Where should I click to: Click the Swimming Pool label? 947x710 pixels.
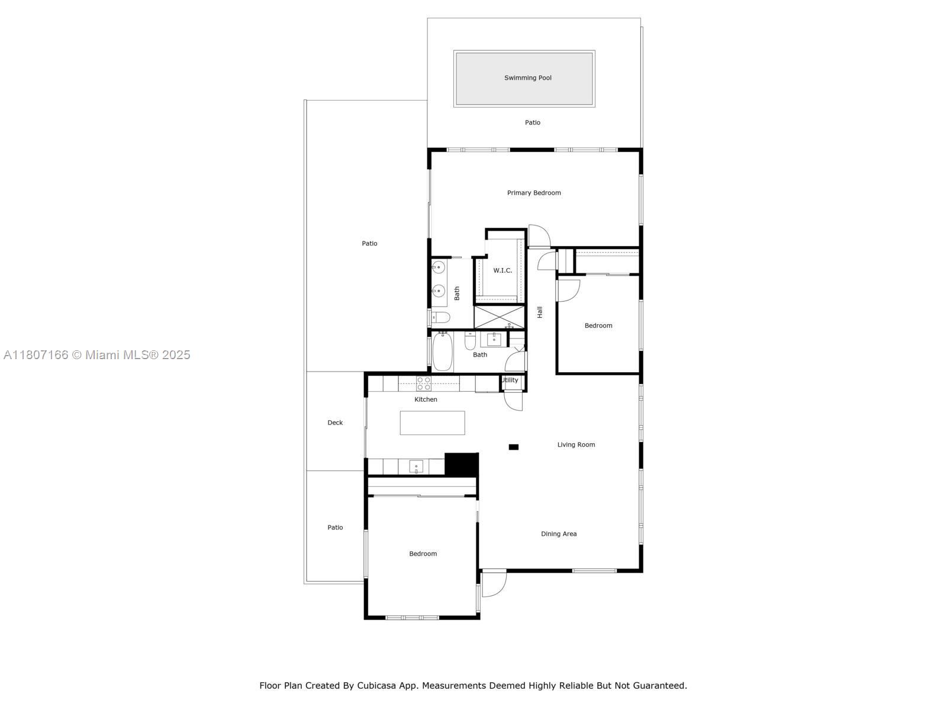[x=527, y=78]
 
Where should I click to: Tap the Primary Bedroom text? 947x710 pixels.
[x=534, y=193]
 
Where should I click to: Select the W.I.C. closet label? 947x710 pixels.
[x=503, y=270]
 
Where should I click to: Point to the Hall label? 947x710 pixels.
[x=540, y=312]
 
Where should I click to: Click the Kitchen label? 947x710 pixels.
[x=426, y=399]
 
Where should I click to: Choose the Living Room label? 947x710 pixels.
[x=576, y=444]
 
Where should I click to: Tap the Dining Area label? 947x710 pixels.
[x=559, y=534]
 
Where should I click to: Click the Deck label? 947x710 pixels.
[x=335, y=422]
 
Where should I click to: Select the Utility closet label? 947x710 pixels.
[x=510, y=380]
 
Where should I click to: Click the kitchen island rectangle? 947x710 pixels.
[x=432, y=423]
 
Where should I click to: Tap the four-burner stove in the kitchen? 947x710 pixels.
[x=424, y=383]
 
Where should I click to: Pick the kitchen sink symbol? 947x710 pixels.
[x=416, y=466]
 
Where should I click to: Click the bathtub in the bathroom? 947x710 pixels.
[x=442, y=351]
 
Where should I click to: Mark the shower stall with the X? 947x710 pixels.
[x=499, y=317]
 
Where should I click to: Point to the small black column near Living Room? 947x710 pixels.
[x=513, y=447]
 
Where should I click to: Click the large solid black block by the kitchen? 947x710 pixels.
[x=461, y=464]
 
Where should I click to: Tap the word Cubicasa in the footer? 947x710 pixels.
[x=376, y=685]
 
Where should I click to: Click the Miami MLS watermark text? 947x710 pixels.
[x=96, y=355]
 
